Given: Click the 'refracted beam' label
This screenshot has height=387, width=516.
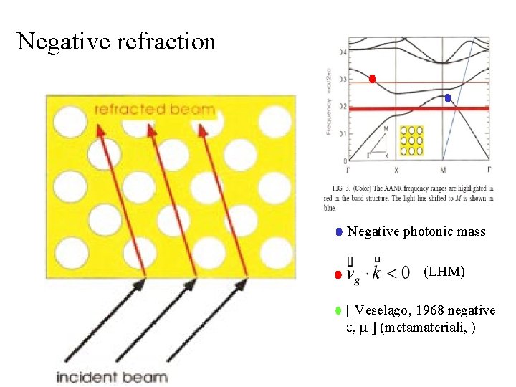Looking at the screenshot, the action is (154, 110).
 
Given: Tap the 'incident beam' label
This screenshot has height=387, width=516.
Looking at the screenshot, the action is (113, 377).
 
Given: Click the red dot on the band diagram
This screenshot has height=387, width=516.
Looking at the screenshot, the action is (372, 79).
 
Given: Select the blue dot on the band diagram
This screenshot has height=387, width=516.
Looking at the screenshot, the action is (447, 98).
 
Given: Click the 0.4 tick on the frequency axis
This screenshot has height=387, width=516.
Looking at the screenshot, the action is (343, 53).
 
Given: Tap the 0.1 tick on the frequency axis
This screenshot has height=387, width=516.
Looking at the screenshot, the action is (343, 134).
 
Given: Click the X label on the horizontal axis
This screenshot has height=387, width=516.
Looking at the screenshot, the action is (396, 170).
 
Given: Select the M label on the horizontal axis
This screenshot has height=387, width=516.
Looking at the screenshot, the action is (442, 170).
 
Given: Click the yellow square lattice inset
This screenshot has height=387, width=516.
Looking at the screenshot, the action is (412, 141).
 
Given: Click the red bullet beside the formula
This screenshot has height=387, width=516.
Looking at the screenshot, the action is (338, 274).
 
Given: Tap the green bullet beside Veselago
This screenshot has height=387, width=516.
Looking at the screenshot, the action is (338, 311).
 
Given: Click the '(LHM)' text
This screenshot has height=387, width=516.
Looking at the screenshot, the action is (444, 272).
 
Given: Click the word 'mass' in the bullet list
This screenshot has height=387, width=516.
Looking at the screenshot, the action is (471, 231).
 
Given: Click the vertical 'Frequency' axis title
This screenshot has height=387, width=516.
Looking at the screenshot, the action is (329, 119).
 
